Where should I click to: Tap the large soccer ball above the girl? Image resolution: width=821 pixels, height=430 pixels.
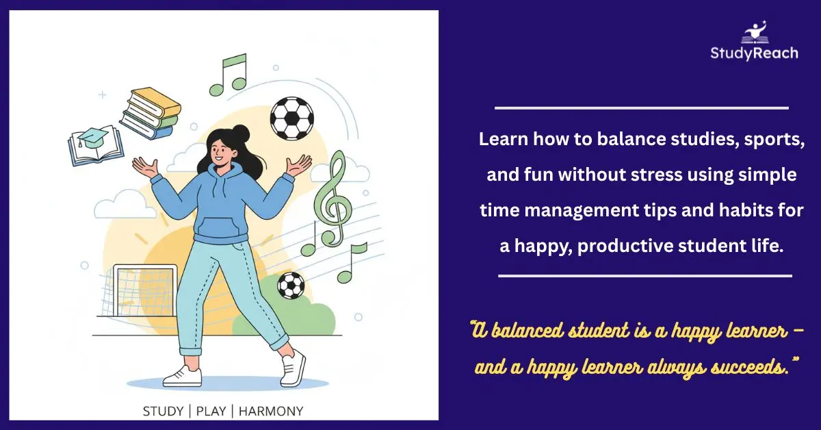(291, 118)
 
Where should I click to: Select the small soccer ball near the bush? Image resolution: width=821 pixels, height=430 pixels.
(291, 286)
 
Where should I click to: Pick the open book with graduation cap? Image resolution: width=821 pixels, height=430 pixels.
(96, 144)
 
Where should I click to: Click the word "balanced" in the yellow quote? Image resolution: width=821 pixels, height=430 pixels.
(531, 331)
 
